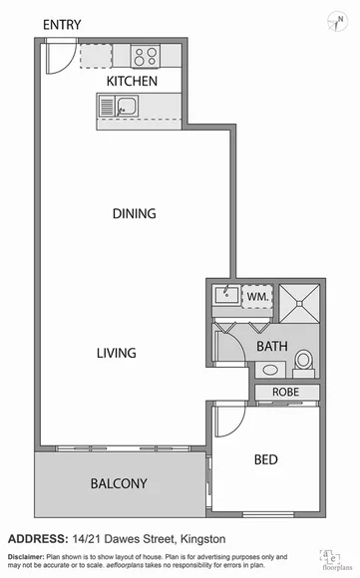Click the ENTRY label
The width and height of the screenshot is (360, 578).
click(x=62, y=23)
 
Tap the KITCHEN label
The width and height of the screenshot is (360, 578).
click(x=133, y=81)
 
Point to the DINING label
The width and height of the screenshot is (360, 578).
click(x=134, y=213)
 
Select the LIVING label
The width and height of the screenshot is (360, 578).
click(x=116, y=353)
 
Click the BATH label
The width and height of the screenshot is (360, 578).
click(x=271, y=347)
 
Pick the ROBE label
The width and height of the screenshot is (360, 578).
click(x=286, y=393)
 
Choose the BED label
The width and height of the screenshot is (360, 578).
click(x=265, y=459)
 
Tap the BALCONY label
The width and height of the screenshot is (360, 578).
click(x=119, y=484)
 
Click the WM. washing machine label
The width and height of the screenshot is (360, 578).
click(x=257, y=296)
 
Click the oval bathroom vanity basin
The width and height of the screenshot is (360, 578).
click(x=267, y=370)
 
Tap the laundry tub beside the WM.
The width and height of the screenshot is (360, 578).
click(x=226, y=295)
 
